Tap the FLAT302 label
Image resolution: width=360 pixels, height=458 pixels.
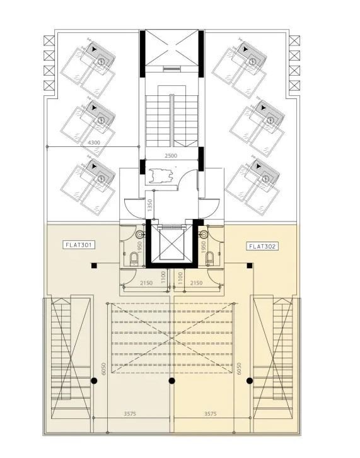pyautogui.click(x=262, y=246)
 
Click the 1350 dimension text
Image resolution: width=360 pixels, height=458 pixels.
pyautogui.click(x=149, y=206)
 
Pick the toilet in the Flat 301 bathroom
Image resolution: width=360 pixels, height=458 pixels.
pyautogui.click(x=134, y=259)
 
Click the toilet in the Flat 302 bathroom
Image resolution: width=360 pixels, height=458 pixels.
pyautogui.click(x=208, y=259)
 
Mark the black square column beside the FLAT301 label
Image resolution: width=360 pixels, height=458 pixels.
pyautogui.click(x=93, y=265)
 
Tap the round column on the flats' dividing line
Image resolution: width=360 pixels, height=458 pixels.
pyautogui.click(x=171, y=380)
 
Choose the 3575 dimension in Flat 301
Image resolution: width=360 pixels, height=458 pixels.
pyautogui.click(x=129, y=414)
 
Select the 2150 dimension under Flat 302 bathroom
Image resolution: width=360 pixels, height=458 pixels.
pyautogui.click(x=196, y=283)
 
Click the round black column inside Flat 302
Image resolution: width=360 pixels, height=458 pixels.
pyautogui.click(x=250, y=380)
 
